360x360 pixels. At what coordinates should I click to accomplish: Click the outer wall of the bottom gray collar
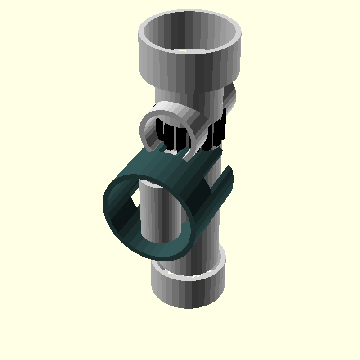(x=189, y=292)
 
